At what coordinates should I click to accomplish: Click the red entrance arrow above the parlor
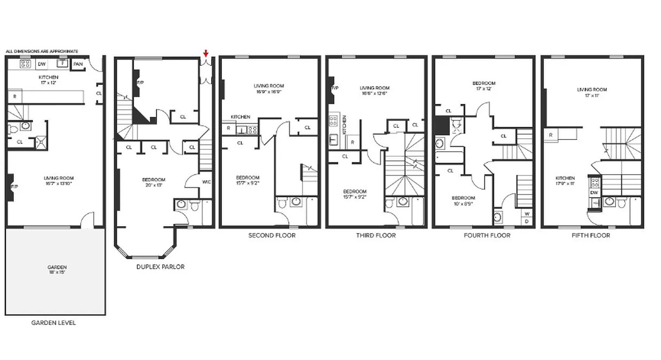click(x=206, y=54)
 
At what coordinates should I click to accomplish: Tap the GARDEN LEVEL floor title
click(x=54, y=323)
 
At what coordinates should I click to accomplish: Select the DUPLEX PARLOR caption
click(x=160, y=267)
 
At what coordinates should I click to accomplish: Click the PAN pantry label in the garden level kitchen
click(x=78, y=64)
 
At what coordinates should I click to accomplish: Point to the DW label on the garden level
click(x=42, y=64)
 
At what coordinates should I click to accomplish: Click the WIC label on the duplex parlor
click(x=206, y=182)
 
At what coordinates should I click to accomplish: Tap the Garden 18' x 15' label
click(x=57, y=270)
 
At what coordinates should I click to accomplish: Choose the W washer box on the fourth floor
click(x=526, y=213)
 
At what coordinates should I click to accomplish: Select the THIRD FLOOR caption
click(x=376, y=235)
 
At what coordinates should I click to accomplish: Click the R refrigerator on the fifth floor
click(x=551, y=135)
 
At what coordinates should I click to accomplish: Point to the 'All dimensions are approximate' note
click(x=42, y=51)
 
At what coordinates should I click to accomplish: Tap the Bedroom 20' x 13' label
click(x=153, y=182)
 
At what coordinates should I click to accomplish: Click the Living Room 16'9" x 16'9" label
click(x=269, y=88)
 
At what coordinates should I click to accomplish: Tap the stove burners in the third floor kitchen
click(x=333, y=121)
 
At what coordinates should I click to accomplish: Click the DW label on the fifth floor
click(x=594, y=192)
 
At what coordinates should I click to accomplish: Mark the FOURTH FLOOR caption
click(x=487, y=235)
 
